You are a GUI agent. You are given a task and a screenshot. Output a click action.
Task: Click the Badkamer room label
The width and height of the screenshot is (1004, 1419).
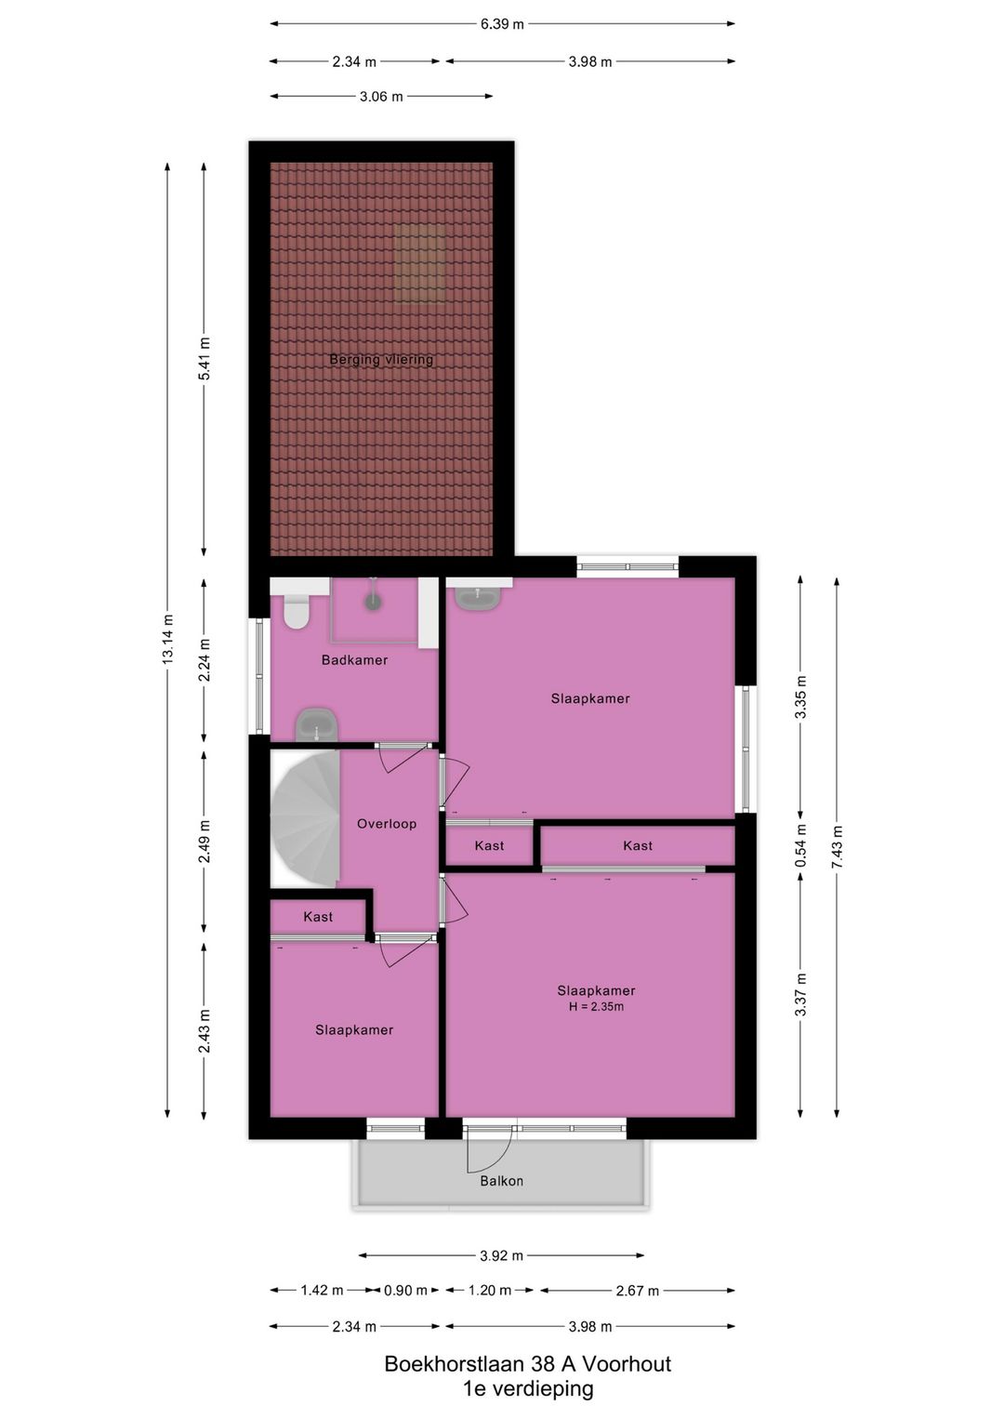click(354, 660)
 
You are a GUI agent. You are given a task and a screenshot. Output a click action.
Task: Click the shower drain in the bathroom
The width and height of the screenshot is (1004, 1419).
click(373, 602)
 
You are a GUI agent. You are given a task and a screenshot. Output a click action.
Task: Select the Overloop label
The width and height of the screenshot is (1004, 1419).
click(387, 824)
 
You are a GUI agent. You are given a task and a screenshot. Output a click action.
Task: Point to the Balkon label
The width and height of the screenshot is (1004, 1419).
click(501, 1181)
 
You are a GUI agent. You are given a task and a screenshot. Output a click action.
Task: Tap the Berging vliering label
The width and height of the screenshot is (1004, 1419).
click(381, 360)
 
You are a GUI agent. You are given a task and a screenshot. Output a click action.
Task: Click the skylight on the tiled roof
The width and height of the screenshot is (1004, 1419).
click(419, 263)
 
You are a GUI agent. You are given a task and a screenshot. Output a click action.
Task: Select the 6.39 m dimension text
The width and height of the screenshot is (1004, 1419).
click(502, 24)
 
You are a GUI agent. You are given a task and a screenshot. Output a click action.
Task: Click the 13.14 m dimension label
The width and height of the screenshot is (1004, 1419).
click(168, 639)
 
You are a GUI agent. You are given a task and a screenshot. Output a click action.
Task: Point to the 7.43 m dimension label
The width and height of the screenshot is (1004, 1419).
click(838, 847)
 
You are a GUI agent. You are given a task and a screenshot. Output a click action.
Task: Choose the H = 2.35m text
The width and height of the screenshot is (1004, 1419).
click(596, 1006)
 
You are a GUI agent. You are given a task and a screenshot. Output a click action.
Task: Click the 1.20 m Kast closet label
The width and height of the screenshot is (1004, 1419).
click(489, 846)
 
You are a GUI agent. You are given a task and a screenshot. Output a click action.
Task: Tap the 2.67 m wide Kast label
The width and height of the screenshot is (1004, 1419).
click(638, 846)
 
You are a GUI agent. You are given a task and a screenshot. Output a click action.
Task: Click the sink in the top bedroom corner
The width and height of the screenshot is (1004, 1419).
click(478, 596)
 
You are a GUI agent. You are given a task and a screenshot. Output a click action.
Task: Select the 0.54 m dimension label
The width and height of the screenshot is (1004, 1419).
click(800, 847)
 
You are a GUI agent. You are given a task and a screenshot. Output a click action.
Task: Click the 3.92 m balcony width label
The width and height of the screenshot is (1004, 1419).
click(501, 1255)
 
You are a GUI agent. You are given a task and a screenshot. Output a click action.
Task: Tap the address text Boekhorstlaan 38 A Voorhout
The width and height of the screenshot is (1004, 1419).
click(527, 1364)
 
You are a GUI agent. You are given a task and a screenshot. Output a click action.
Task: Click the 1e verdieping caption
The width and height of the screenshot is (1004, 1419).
click(528, 1389)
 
